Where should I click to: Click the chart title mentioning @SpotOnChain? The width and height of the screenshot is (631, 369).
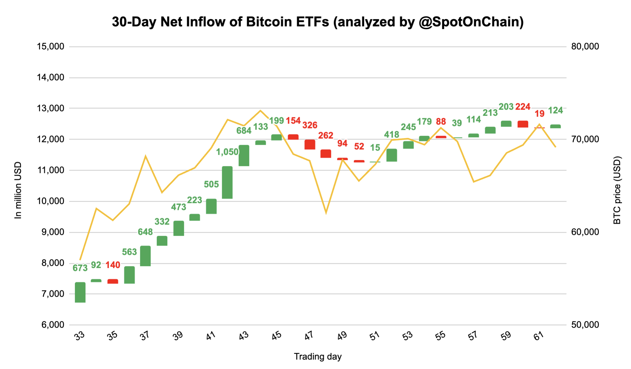pos(318,22)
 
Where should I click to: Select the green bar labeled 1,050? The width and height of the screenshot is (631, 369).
pos(227,182)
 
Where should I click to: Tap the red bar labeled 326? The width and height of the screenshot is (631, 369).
pos(310,145)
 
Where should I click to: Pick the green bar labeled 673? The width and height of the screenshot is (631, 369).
pos(80,292)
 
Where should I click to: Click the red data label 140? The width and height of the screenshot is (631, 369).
pos(113,265)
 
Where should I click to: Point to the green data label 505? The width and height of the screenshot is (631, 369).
pos(211,184)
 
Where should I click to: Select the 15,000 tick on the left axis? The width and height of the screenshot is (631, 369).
pos(51,46)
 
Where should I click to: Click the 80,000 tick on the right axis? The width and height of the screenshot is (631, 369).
pos(585,46)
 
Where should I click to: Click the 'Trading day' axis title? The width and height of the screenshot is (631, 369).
pos(318,357)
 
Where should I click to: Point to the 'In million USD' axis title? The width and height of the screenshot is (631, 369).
pos(18,190)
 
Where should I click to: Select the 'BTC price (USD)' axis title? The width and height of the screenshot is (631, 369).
pos(617,190)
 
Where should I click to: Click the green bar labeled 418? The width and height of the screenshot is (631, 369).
pos(392,155)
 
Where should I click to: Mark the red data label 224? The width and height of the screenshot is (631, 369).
pos(523,107)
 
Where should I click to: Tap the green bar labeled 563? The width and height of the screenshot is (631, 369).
pos(129,275)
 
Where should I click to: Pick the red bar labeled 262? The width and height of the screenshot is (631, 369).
pos(326,154)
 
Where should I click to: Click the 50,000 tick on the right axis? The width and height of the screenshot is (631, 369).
pos(585,325)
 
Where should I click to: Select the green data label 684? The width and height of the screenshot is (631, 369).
pos(244,131)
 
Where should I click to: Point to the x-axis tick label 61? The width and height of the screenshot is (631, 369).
pos(539,336)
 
